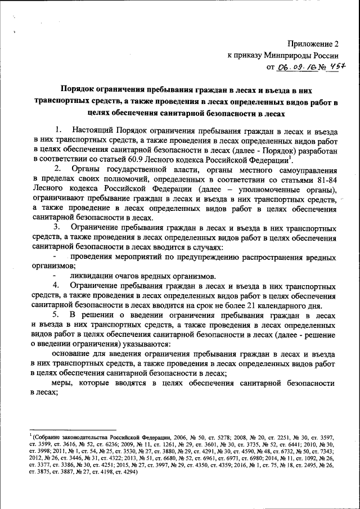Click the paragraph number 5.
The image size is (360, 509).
(x=56, y=316)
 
